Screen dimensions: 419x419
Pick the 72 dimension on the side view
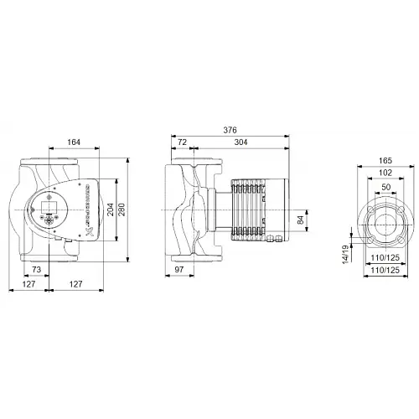point(182,142)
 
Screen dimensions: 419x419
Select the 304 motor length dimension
point(241,142)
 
